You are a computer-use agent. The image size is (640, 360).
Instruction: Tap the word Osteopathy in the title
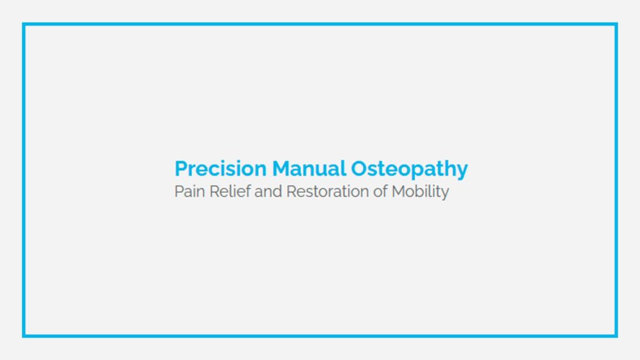[409, 169]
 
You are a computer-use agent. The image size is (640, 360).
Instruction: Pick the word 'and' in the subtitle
[269, 191]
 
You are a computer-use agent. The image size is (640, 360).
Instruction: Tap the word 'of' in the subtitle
[381, 191]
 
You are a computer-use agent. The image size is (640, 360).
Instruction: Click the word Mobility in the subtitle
[420, 191]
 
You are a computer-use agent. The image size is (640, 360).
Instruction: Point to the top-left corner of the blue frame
[24, 24]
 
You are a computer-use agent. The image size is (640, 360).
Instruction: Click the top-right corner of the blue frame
[616, 24]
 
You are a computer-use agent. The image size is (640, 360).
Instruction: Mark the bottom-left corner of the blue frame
[24, 336]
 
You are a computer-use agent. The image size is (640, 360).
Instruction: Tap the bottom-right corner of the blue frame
[616, 336]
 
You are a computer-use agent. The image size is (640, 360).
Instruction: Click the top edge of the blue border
[320, 24]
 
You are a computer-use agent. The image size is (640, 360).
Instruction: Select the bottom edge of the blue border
[320, 336]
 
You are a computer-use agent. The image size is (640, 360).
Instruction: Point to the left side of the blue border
[24, 180]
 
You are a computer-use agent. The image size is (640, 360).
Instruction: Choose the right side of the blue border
[616, 180]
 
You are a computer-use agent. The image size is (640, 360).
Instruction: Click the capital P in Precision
[181, 169]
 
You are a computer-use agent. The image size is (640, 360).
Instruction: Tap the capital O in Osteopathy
[359, 169]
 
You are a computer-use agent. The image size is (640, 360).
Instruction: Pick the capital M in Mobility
[399, 191]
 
